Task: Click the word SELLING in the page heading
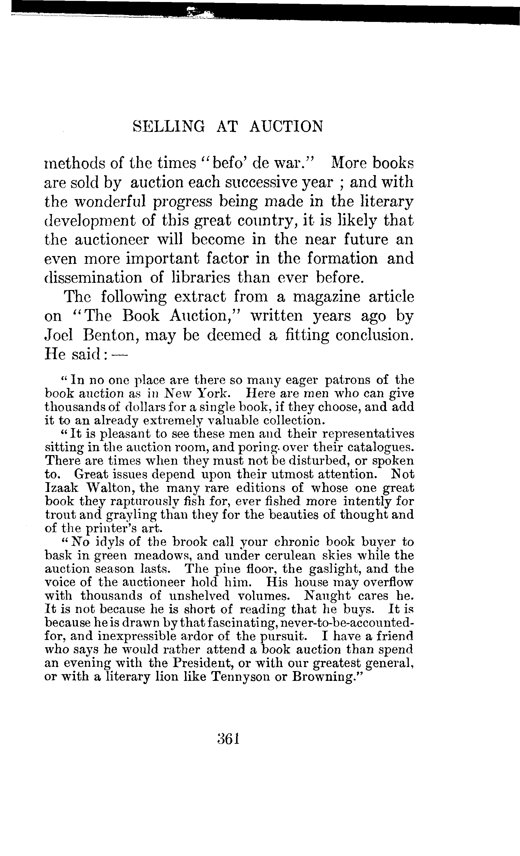click(169, 126)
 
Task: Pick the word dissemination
click(93, 278)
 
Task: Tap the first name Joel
click(59, 335)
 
